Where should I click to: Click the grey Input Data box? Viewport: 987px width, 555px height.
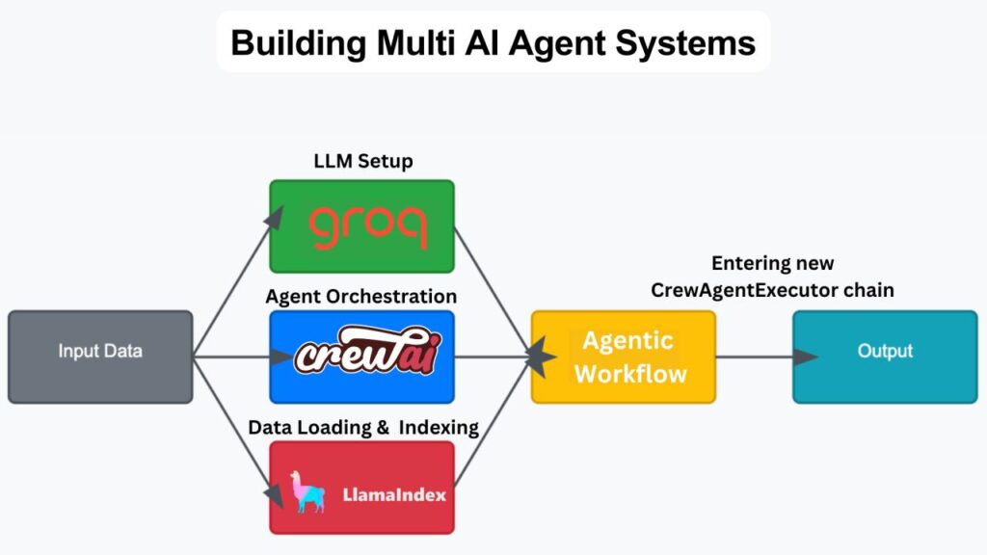point(100,356)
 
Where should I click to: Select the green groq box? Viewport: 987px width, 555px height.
point(361,225)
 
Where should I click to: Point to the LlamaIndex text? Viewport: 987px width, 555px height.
point(394,497)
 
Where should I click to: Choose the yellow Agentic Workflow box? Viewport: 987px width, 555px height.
point(624,356)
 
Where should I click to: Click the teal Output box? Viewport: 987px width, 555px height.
point(884,356)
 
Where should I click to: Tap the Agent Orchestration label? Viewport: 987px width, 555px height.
point(361,295)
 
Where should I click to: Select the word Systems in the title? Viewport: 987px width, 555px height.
point(698,43)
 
